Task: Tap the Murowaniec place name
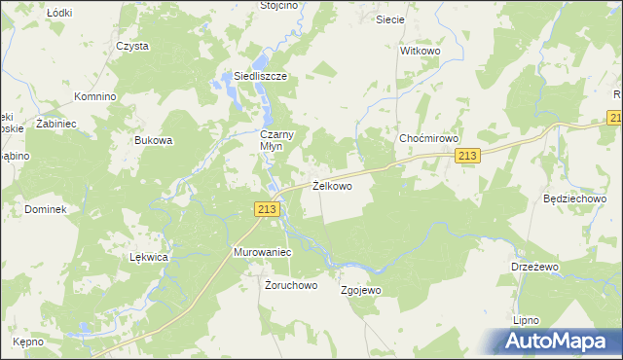coord(263,251)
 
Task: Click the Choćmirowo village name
coord(428,139)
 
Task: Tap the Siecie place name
coord(390,18)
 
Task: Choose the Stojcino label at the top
coord(279,5)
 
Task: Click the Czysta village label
coord(132,46)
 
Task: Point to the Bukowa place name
coord(154,140)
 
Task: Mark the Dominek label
coord(46,209)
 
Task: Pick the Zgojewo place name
coord(360,290)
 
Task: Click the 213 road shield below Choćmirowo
coord(468,157)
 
